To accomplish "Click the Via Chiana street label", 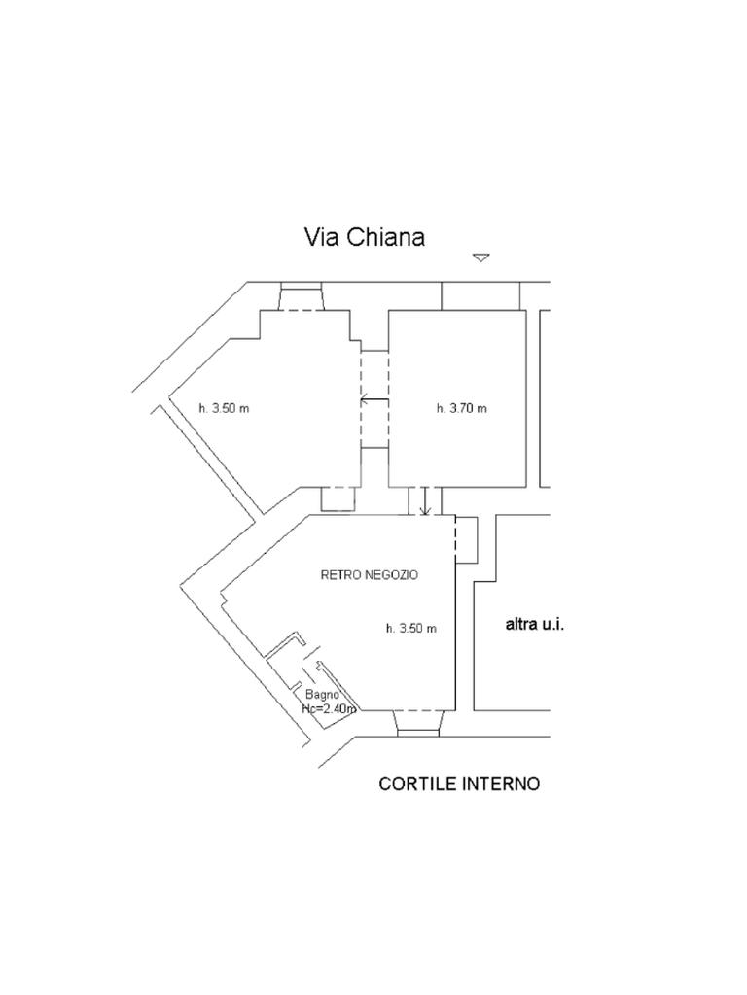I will [x=365, y=237].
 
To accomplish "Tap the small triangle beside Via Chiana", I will [x=480, y=257].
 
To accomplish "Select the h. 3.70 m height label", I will [x=461, y=408].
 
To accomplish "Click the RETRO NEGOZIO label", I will [x=370, y=575].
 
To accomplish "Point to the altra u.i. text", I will [x=535, y=625].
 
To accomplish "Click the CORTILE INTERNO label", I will [x=459, y=783].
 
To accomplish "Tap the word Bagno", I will [x=322, y=695].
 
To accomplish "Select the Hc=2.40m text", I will [x=329, y=709].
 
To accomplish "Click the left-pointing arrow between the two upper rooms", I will [x=371, y=400].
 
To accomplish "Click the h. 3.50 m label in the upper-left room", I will [x=224, y=408].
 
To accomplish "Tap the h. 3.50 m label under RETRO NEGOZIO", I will [x=411, y=628].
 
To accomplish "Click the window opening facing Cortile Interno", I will [x=418, y=722].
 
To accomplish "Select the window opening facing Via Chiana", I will [x=301, y=297].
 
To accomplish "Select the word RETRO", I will [x=337, y=575].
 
